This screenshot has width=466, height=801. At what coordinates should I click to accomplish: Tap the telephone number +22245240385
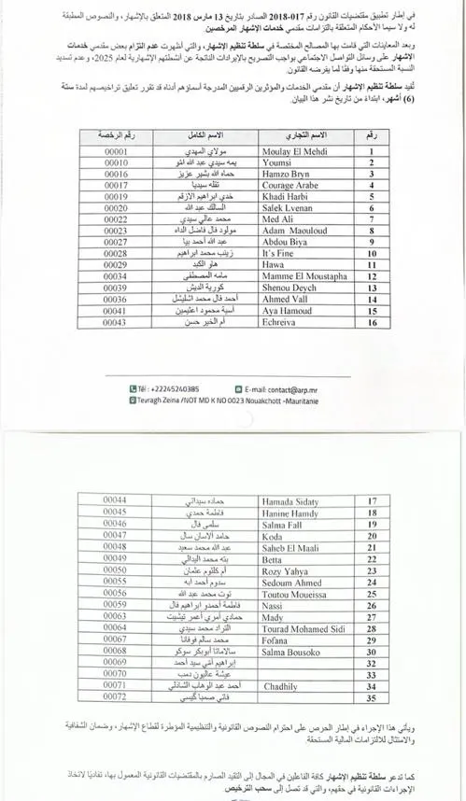pyautogui.click(x=168, y=388)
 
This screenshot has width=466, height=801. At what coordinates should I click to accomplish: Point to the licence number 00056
pyautogui.click(x=115, y=593)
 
